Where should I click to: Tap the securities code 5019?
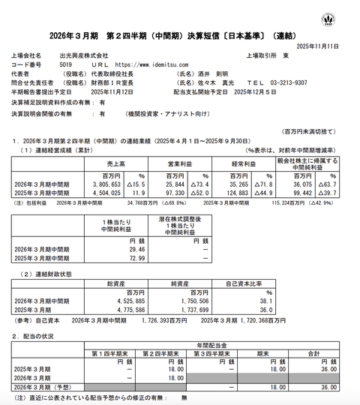point(66,65)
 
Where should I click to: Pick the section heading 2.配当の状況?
point(37,335)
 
